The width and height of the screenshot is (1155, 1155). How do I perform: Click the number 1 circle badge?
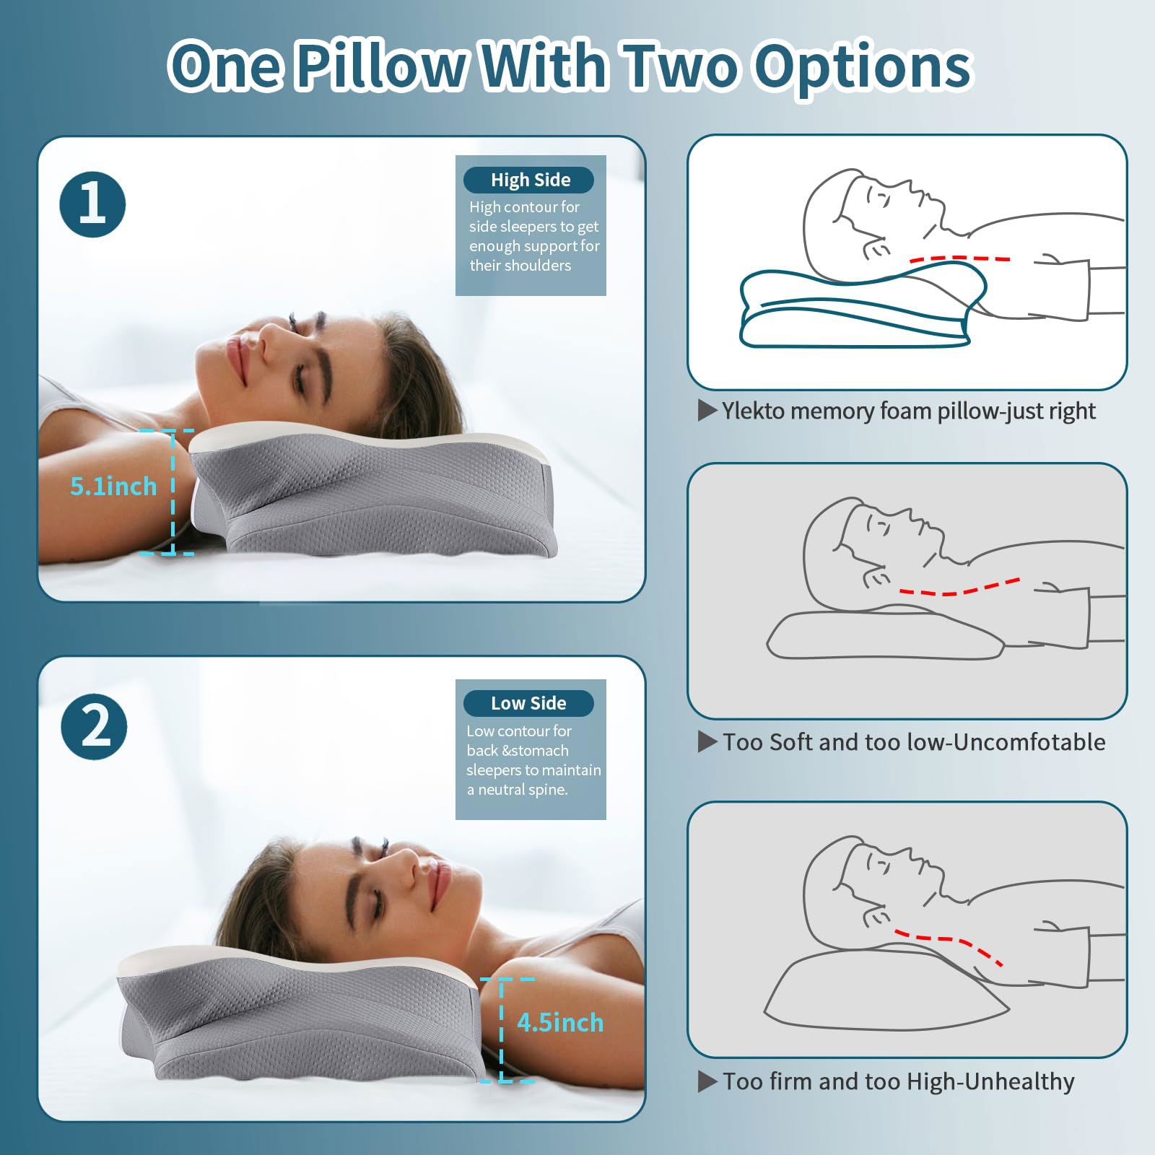[92, 204]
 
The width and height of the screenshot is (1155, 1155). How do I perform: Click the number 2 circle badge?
[94, 726]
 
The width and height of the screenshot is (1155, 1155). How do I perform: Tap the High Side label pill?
[529, 180]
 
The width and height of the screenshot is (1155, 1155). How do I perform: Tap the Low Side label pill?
[528, 703]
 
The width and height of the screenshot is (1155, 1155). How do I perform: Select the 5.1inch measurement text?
[113, 486]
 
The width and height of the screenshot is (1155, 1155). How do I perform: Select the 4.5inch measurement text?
[559, 1022]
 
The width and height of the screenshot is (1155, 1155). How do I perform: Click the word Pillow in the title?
[380, 66]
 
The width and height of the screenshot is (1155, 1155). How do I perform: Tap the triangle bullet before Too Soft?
[707, 742]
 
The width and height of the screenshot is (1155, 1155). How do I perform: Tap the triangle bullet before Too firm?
[707, 1081]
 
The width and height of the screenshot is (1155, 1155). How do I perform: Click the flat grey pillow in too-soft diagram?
[884, 635]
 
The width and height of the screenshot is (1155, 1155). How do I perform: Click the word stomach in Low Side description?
[541, 751]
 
